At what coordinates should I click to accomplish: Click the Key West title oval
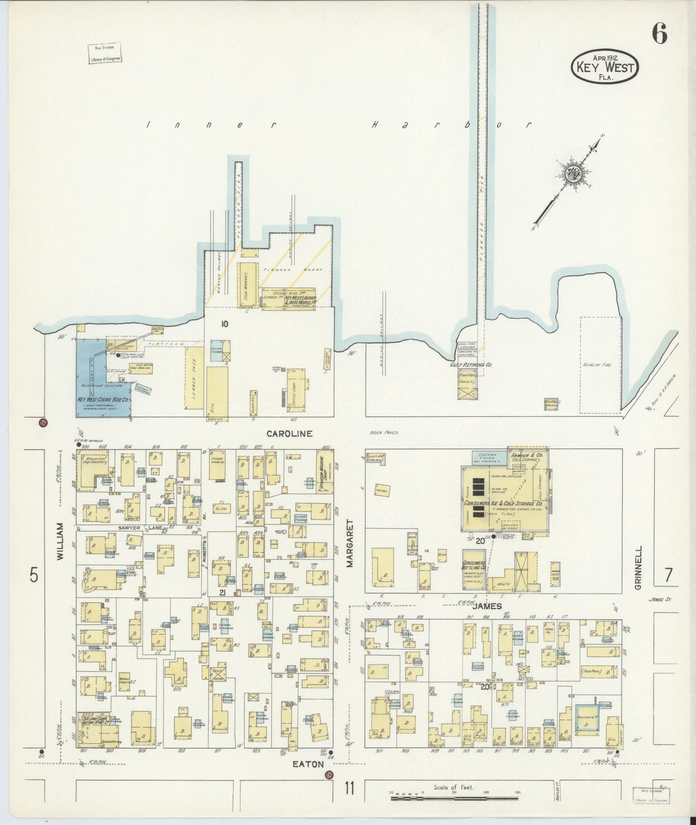click(x=605, y=66)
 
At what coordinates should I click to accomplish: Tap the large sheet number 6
click(x=659, y=34)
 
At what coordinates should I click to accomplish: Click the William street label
click(x=60, y=541)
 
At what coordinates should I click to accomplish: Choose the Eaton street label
click(x=308, y=764)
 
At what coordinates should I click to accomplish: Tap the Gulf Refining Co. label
click(x=471, y=365)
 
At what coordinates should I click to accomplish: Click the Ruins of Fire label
click(x=596, y=365)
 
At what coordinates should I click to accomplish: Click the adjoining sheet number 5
click(x=34, y=575)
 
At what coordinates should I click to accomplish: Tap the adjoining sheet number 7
click(x=668, y=575)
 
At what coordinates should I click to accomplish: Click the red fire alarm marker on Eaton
click(x=329, y=774)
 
